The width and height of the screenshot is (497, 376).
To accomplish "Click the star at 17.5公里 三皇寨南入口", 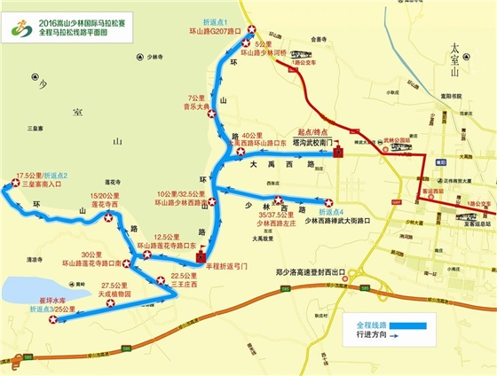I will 13,184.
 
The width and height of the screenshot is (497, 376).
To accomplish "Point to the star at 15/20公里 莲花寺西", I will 108,217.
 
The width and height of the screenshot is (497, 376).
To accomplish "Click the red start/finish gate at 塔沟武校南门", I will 338,153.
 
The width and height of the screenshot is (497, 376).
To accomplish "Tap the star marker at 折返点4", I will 329,202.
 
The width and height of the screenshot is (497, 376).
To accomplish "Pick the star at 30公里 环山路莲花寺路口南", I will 127,263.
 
